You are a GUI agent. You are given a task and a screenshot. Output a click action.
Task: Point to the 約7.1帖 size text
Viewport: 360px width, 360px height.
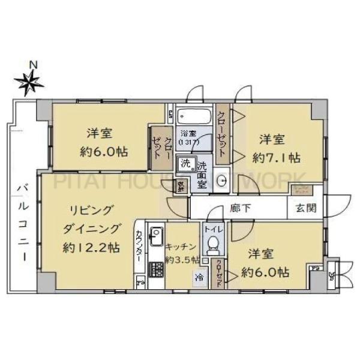(x=277, y=158)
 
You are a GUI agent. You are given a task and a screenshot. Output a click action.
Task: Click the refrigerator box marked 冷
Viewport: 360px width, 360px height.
(x=197, y=277)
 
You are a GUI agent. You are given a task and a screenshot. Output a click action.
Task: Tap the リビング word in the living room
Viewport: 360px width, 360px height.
(x=88, y=209)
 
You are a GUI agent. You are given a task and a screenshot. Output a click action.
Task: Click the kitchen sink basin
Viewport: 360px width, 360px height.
(x=154, y=233)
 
